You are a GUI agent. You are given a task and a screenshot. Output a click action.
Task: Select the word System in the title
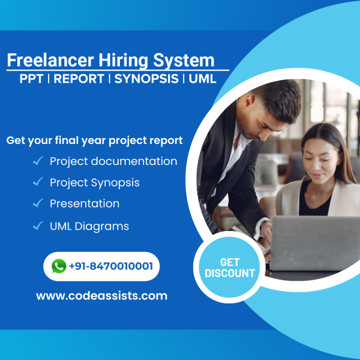[184, 61]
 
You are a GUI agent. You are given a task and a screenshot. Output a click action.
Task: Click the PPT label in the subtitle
[31, 79]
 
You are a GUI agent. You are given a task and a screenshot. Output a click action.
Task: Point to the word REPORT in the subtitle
[79, 79]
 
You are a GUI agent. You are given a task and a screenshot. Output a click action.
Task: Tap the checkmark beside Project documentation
[38, 160]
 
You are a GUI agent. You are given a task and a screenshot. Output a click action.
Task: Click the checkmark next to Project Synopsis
[38, 181]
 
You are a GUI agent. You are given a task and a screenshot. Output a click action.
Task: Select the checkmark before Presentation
[38, 203]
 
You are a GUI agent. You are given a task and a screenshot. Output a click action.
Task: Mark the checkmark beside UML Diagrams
[38, 226]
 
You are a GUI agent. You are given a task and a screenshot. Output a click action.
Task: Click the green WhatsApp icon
[59, 266]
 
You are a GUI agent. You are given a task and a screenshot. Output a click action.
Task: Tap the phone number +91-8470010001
[110, 266]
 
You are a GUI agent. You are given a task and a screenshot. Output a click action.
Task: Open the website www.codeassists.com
[101, 295]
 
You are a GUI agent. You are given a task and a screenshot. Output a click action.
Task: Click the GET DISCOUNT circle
[230, 268]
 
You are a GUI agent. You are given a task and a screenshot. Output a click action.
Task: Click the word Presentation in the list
[85, 203]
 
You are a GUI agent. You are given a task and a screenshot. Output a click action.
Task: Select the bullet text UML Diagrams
[89, 226]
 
